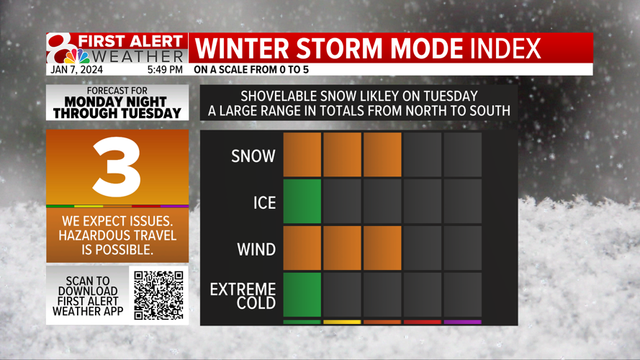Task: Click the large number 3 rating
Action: (x=117, y=166)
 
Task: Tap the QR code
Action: (x=159, y=295)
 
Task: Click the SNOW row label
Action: (x=253, y=156)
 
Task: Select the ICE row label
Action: (x=264, y=202)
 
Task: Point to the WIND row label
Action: (x=256, y=249)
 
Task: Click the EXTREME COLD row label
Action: (x=243, y=296)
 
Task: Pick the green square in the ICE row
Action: (x=302, y=201)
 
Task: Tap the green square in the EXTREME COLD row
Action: (x=302, y=294)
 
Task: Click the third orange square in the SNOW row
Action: (x=382, y=155)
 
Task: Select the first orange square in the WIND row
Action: (x=302, y=248)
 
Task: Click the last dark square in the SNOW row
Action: (x=462, y=155)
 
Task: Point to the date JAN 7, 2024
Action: (x=76, y=70)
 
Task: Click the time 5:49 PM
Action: (x=165, y=70)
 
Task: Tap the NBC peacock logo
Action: (x=77, y=56)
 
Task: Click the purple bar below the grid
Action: (x=462, y=322)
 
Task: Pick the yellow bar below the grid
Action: (x=342, y=322)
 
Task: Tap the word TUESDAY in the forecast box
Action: (x=153, y=113)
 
